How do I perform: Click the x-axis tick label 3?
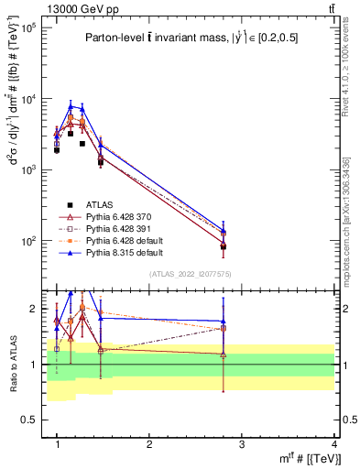click(x=242, y=443)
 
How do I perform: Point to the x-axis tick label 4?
click(x=333, y=443)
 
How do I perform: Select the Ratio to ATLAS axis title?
click(x=12, y=364)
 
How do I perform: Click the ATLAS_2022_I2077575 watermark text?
click(x=190, y=274)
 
